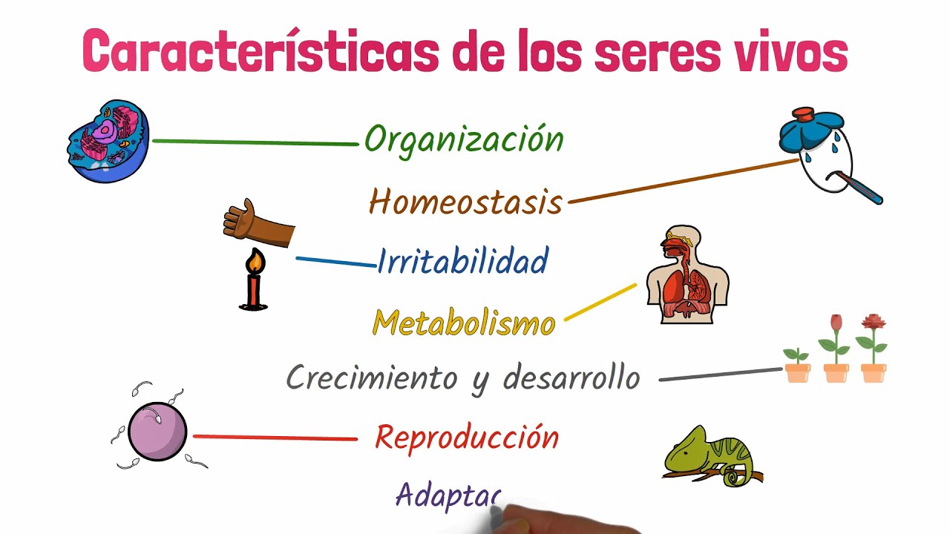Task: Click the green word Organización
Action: tap(464, 139)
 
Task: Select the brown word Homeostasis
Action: tap(465, 201)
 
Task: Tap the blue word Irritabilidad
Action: tap(462, 261)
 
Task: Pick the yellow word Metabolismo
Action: tap(464, 323)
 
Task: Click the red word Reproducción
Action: tap(466, 438)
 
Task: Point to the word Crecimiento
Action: tap(371, 378)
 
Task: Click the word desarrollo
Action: tap(571, 378)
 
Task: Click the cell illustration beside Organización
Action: tap(108, 142)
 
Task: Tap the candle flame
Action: tap(255, 261)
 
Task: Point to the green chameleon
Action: tap(709, 455)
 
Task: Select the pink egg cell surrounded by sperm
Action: tap(157, 432)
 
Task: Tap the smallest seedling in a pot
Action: tap(797, 363)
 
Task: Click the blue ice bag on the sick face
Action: tap(810, 129)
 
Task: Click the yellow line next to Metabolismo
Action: tap(600, 302)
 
